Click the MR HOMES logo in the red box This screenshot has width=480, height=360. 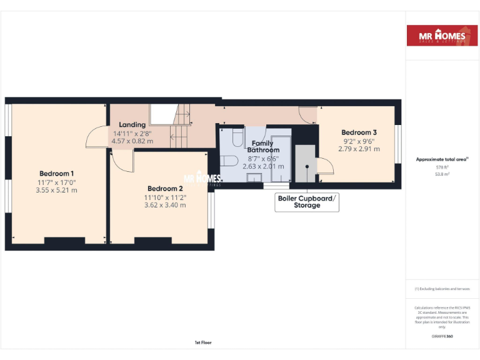click(x=442, y=37)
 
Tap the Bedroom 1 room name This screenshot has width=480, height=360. click(x=56, y=174)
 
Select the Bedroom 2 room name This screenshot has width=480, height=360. click(x=165, y=189)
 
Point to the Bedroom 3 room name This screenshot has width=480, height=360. click(x=359, y=132)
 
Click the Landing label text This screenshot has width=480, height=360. click(x=132, y=125)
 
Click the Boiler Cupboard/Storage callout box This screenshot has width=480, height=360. click(x=307, y=201)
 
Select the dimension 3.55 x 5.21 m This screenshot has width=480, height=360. click(x=56, y=190)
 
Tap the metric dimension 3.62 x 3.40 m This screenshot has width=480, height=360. click(x=165, y=205)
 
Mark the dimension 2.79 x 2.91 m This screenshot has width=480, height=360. click(x=359, y=149)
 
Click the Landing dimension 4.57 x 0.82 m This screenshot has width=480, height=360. click(x=132, y=141)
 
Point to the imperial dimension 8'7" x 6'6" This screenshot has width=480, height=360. click(x=263, y=158)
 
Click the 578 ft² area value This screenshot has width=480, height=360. click(x=442, y=167)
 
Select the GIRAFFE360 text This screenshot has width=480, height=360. click(x=442, y=336)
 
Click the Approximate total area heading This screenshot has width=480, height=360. click(x=442, y=159)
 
